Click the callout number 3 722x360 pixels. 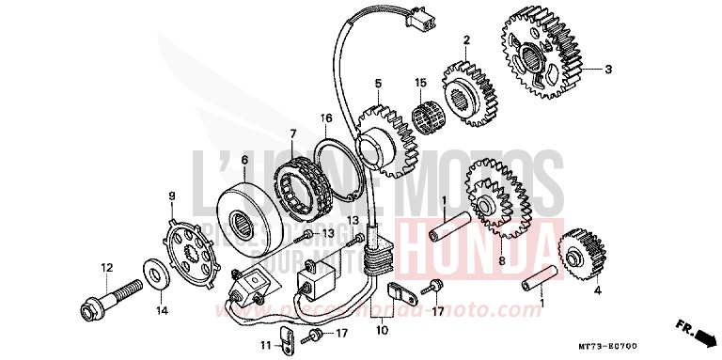point(608,70)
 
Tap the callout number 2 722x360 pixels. point(465,39)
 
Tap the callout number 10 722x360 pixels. point(383,330)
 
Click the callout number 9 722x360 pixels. point(172,195)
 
